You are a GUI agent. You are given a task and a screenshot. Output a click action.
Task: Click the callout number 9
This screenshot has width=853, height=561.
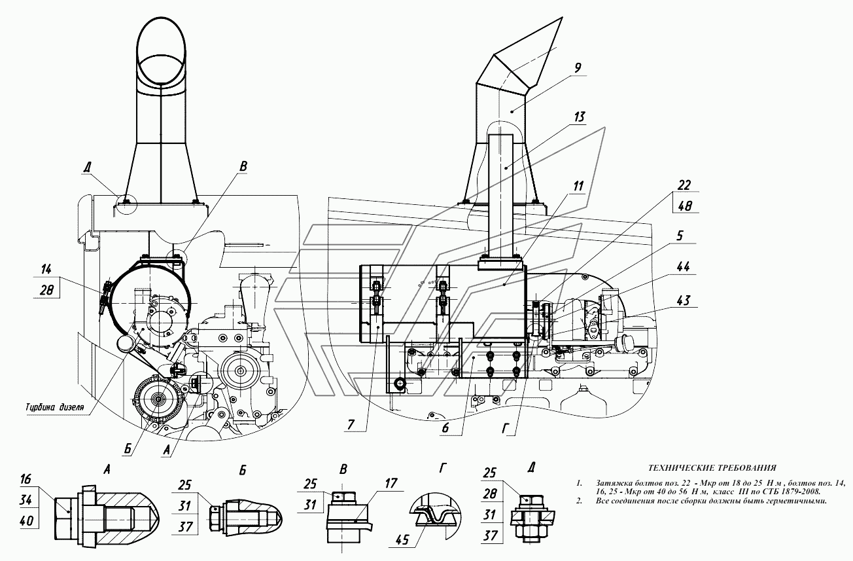578,68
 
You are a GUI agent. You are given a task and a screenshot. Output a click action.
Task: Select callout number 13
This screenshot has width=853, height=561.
578,117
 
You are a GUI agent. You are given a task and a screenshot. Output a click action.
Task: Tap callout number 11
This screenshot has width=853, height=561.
578,186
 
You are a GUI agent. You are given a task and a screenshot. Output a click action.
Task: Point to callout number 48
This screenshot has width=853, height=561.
684,206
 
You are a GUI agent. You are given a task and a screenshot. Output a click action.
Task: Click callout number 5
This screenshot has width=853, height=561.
679,236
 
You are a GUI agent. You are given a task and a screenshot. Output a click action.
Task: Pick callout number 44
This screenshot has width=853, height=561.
682,266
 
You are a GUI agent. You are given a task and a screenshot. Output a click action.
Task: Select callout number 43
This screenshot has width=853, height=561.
683,300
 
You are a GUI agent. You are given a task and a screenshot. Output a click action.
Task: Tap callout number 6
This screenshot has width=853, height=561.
445,427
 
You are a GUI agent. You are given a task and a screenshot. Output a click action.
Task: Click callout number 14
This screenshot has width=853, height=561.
46,269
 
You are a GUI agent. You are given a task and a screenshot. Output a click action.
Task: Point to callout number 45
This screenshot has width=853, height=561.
402,539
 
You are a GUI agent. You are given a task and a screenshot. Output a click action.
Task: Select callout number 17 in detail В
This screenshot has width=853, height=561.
391,483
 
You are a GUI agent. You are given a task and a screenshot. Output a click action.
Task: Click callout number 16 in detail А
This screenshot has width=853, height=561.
26,479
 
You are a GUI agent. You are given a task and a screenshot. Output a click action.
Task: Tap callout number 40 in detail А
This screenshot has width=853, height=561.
26,520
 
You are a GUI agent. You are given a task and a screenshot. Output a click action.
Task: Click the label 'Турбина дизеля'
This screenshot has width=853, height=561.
54,407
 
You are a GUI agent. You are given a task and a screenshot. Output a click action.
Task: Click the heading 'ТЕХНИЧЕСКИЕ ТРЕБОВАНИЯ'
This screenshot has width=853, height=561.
712,467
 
